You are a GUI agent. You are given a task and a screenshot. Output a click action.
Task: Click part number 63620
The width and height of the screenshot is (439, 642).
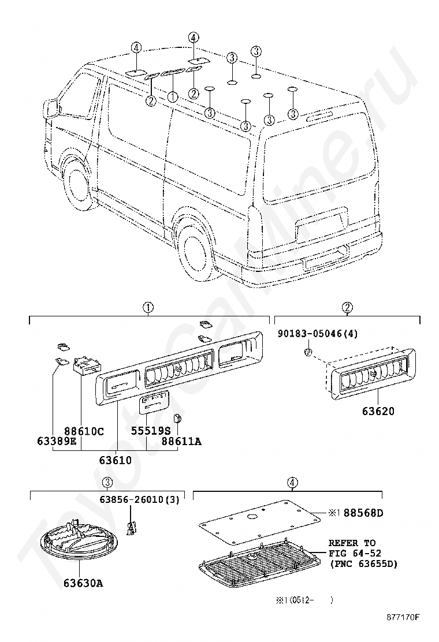coord(378,410)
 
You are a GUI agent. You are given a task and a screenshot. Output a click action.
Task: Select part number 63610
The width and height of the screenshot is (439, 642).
coord(116,460)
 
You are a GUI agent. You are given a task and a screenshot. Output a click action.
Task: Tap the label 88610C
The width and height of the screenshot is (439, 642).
coord(84,431)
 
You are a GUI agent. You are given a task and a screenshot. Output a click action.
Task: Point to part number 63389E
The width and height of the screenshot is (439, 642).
coord(57,441)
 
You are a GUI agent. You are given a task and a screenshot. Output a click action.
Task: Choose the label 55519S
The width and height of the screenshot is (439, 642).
coord(150,431)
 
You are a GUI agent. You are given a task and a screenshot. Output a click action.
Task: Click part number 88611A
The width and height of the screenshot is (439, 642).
coord(181,441)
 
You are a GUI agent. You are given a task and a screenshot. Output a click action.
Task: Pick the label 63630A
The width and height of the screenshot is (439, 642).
coord(83,583)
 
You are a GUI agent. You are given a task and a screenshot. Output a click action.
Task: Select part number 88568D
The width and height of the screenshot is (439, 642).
coord(363,513)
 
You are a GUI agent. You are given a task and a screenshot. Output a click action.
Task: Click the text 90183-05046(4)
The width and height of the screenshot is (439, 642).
coord(318,334)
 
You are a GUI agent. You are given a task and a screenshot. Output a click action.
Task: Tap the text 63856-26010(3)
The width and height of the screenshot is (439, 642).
coord(140,500)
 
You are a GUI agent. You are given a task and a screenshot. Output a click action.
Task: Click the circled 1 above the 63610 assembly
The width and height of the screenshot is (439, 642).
coord(148,308)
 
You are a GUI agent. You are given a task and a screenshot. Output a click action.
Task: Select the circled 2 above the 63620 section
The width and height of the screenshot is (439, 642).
coord(347,308)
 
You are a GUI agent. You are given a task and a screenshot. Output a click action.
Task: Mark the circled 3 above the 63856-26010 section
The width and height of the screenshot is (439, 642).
coord(107,483)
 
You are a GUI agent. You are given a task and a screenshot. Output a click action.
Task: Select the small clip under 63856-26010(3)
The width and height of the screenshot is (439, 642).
coord(131,527)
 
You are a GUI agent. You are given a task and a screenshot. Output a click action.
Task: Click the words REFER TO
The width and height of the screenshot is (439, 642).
coord(352,543)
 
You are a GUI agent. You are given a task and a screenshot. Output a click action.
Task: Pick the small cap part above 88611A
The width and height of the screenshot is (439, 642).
coord(178,419)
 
